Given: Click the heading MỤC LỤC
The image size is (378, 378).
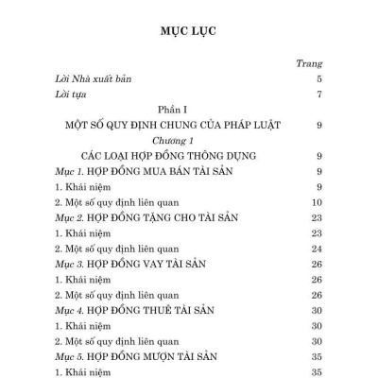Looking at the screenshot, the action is pyautogui.click(x=189, y=30).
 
